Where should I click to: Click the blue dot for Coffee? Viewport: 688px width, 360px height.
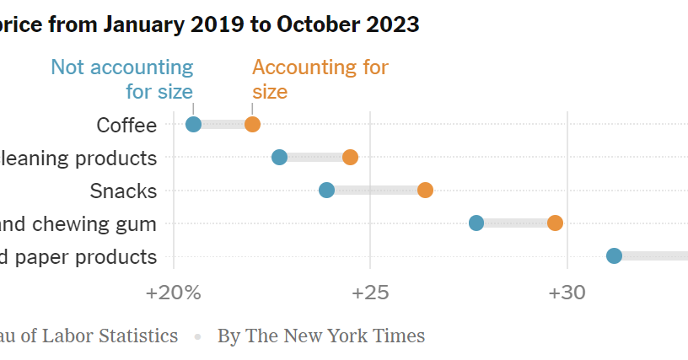click(193, 125)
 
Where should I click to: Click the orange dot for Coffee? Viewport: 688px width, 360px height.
click(252, 125)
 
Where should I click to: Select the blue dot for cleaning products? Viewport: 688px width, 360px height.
click(280, 158)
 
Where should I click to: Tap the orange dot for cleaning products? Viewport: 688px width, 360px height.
click(350, 158)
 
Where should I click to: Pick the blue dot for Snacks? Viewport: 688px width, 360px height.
click(327, 190)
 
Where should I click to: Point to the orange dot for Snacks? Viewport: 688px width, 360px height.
click(425, 190)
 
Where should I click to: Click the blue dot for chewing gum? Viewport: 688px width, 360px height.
click(476, 223)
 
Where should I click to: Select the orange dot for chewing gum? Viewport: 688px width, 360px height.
click(555, 223)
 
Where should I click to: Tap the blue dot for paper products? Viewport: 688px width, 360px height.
click(614, 255)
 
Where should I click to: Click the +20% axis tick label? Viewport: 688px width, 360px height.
click(174, 293)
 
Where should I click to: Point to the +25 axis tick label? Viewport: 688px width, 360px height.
click(369, 293)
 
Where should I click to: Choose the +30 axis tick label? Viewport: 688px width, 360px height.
click(567, 293)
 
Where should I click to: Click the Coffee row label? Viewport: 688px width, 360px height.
click(126, 126)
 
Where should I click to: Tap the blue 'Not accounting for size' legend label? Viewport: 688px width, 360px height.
click(122, 78)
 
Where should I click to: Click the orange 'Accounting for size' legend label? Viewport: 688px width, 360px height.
click(320, 78)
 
